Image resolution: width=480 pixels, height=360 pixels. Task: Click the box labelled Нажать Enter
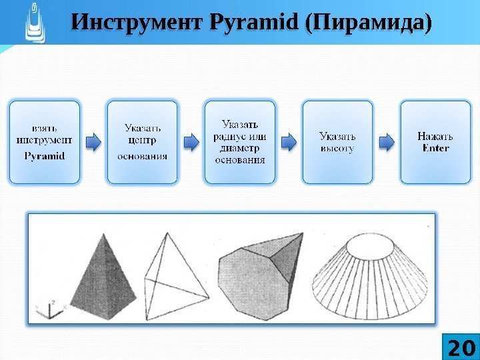click(x=435, y=142)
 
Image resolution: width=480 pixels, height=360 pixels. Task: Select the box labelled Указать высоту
click(x=337, y=142)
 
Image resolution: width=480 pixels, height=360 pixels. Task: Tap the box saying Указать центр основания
click(x=143, y=142)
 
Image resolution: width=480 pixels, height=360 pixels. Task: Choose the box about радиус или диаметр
click(x=240, y=142)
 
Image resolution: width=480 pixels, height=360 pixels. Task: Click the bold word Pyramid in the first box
click(x=44, y=156)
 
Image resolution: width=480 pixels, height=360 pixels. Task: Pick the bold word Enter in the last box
click(x=435, y=147)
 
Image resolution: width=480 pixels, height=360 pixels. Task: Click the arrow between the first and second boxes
click(x=94, y=142)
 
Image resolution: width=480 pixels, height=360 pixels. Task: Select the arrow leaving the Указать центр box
click(x=191, y=142)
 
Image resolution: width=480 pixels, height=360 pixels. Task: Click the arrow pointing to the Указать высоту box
click(x=289, y=142)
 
